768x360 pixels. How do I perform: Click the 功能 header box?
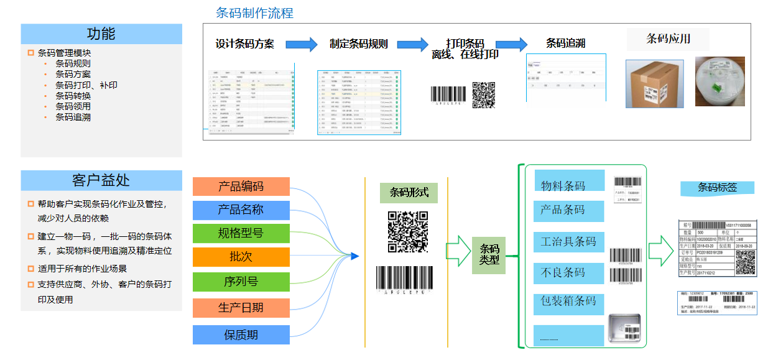101,34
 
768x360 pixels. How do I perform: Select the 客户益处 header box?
101,180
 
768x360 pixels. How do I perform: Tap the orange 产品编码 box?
241,187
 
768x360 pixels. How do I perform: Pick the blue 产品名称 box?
241,210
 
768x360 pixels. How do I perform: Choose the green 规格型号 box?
241,233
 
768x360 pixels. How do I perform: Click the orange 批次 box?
241,257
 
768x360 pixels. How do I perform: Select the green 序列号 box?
241,282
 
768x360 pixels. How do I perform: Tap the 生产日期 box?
241,308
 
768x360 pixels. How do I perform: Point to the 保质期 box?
241,335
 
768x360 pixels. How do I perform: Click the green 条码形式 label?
409,192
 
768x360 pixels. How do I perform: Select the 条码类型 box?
489,255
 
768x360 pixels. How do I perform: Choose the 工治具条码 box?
568,241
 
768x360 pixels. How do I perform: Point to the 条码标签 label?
717,187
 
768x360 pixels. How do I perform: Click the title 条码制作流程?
254,13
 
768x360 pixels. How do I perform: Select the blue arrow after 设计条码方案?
301,44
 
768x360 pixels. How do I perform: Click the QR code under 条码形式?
408,231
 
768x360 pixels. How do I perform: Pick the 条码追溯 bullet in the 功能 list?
73,116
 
